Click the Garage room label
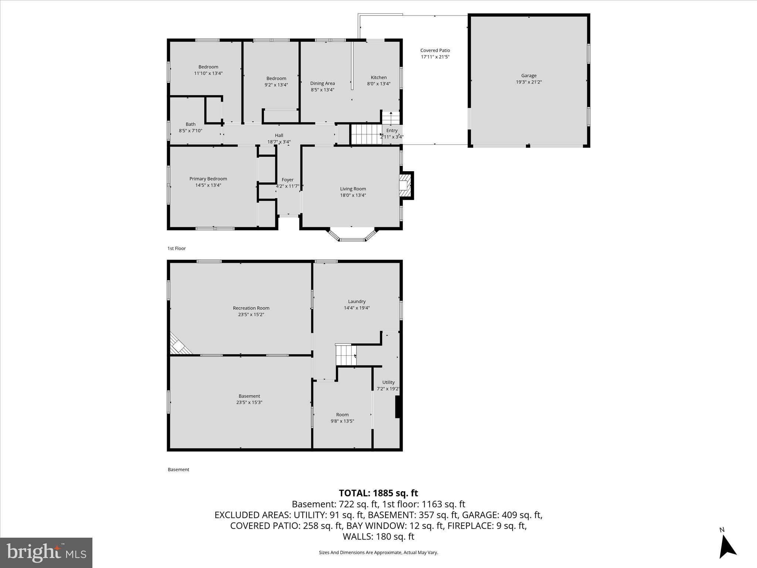[529, 75]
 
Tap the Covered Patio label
[435, 50]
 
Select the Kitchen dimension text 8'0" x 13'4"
[378, 84]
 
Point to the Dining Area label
[322, 83]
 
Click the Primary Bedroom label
[208, 179]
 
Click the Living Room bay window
[352, 235]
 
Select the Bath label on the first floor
[190, 124]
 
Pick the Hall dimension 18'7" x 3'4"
[279, 142]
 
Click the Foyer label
[287, 180]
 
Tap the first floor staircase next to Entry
[366, 134]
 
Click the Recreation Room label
[251, 308]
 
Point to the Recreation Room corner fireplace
[179, 345]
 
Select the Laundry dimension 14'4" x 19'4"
[357, 308]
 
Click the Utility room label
[388, 382]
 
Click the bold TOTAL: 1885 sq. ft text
[378, 493]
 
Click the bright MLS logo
[46, 552]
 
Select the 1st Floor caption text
[176, 248]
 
